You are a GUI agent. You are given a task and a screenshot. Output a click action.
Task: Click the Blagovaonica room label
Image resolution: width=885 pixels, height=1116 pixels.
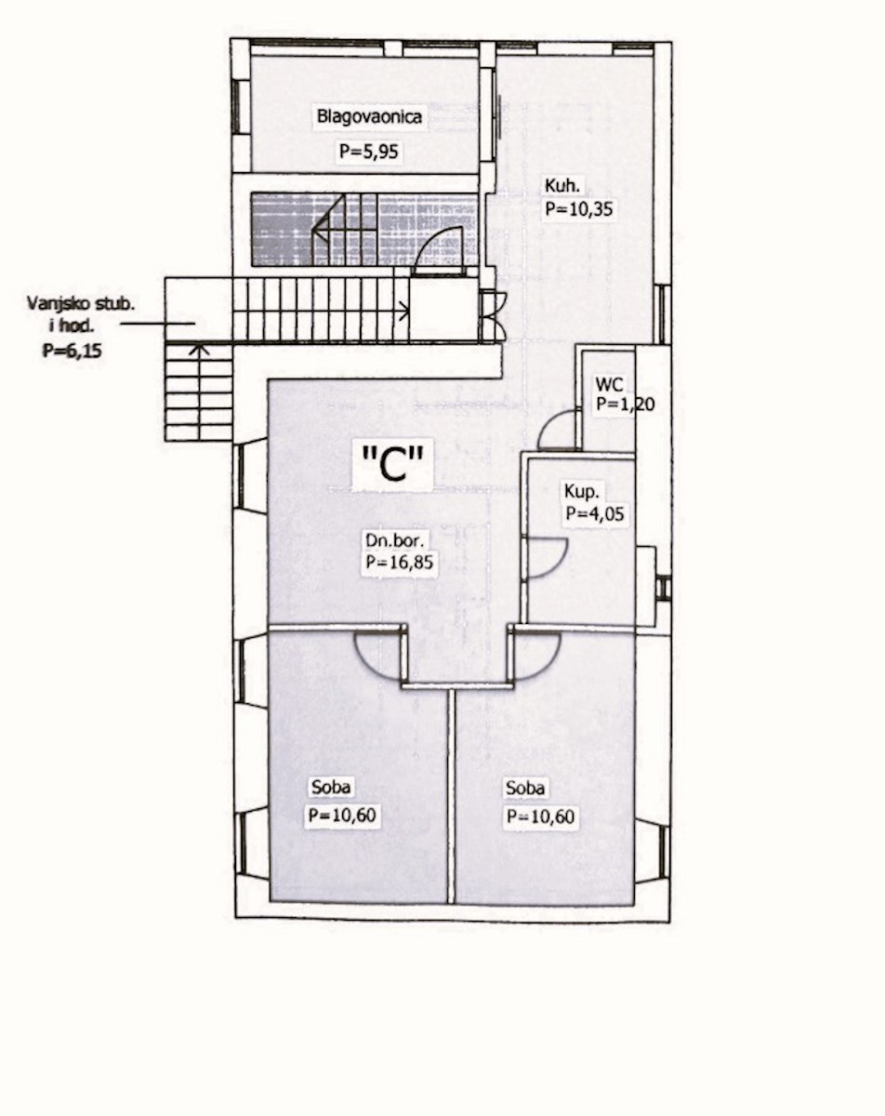pos(369,116)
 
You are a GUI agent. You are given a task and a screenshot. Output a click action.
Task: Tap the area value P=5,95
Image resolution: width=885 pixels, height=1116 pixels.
pos(369,152)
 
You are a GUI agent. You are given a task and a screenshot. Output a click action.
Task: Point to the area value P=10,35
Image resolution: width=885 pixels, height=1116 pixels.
pos(578,208)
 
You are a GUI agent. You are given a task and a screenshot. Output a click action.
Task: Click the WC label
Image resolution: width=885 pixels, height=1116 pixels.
pos(610,385)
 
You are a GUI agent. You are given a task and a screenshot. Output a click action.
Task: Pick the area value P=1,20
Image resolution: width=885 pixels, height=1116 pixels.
pos(626,404)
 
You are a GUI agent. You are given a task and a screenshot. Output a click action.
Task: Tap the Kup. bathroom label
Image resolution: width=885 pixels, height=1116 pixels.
pos(581,491)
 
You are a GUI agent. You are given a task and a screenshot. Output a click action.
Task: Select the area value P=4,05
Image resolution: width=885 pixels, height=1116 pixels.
pos(595,513)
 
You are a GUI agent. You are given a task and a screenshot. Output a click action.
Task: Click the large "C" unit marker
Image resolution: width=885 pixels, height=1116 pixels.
pos(392,464)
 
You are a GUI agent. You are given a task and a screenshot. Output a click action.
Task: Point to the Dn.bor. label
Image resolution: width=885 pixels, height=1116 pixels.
pos(394,541)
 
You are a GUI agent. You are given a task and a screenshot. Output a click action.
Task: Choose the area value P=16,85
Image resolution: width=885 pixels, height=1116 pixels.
pos(399,562)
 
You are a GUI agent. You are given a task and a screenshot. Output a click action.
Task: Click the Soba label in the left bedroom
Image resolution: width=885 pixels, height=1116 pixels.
pos(331,787)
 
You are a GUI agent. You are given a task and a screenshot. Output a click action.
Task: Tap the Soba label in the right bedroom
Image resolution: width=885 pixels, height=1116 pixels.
pos(525,789)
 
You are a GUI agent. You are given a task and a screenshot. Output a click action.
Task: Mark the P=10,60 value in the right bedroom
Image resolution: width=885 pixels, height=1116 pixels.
pos(541,817)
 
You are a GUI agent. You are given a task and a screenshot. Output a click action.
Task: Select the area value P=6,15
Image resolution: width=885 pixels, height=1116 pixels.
pos(73,352)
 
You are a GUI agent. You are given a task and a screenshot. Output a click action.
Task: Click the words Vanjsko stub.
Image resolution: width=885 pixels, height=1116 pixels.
pos(80,303)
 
